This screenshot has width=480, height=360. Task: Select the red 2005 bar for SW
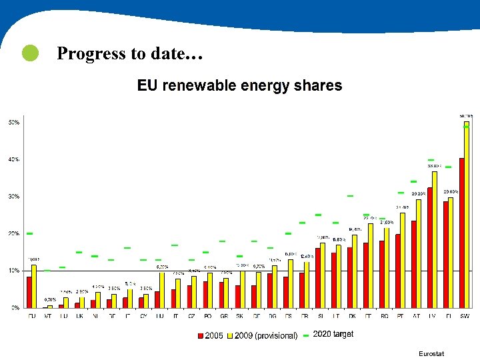pos(461,233)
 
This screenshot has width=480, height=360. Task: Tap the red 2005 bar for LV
pos(429,247)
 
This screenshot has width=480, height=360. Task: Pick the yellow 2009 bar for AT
pos(419,253)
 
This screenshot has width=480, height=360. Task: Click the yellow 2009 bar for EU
pos(34,286)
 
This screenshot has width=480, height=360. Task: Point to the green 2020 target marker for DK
pos(350,196)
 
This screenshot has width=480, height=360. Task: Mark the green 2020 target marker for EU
pos(29,233)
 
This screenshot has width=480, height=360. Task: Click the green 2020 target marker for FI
pos(449,167)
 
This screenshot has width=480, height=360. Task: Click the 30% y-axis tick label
pos(13,197)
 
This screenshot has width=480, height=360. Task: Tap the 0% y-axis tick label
pos(15,308)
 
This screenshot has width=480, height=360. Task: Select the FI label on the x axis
pos(449,316)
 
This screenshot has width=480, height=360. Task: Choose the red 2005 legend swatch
pos(200,335)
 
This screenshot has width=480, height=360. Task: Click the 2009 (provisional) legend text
pos(266,335)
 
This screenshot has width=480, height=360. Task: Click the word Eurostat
pos(431,353)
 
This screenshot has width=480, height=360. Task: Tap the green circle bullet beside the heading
pos(30,54)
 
